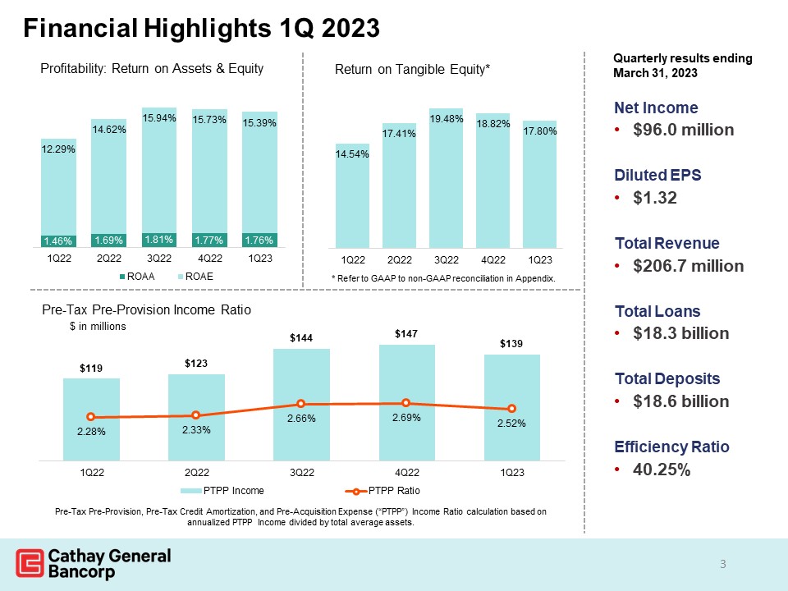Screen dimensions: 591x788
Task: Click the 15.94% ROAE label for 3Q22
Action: click(x=159, y=119)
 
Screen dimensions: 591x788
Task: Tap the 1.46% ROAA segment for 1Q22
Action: click(x=58, y=241)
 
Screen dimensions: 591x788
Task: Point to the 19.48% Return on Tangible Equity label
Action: click(x=447, y=119)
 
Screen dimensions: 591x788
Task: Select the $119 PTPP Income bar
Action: click(x=91, y=419)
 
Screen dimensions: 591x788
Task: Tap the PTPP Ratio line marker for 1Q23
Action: click(x=511, y=409)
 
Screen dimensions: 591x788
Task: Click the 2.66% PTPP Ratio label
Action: click(x=300, y=419)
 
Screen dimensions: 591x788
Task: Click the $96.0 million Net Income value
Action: click(x=680, y=131)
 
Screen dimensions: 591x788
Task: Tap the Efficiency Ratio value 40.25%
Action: click(x=662, y=470)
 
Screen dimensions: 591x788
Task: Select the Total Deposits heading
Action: click(x=667, y=378)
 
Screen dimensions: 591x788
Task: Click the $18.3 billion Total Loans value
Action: click(x=677, y=334)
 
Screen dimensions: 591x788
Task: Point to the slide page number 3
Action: click(x=722, y=564)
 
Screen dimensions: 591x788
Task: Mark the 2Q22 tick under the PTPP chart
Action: click(x=195, y=472)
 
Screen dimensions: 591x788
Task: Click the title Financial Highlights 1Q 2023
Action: click(x=201, y=29)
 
